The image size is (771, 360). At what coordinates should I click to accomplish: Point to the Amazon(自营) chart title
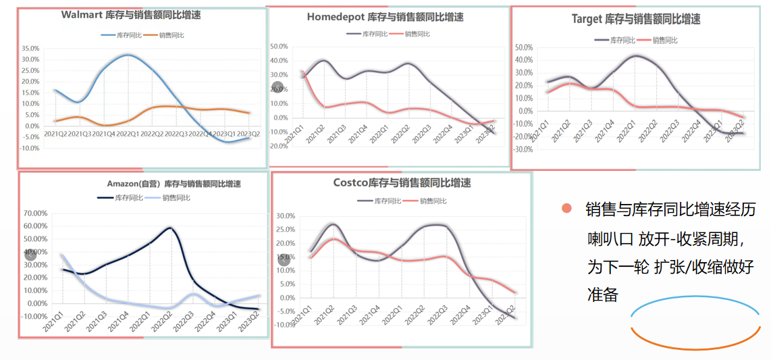tap(174, 184)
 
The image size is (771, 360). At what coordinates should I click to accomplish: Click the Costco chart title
tap(402, 183)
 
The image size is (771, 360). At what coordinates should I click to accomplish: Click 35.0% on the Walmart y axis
tap(30, 49)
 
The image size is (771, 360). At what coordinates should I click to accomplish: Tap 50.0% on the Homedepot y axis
tap(279, 47)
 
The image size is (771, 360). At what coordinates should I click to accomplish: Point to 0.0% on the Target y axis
tap(525, 111)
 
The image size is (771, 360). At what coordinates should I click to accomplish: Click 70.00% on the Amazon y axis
tap(35, 213)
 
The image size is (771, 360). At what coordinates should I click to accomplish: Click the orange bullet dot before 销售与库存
tap(566, 209)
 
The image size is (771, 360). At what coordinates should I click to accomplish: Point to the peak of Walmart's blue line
tap(128, 55)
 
